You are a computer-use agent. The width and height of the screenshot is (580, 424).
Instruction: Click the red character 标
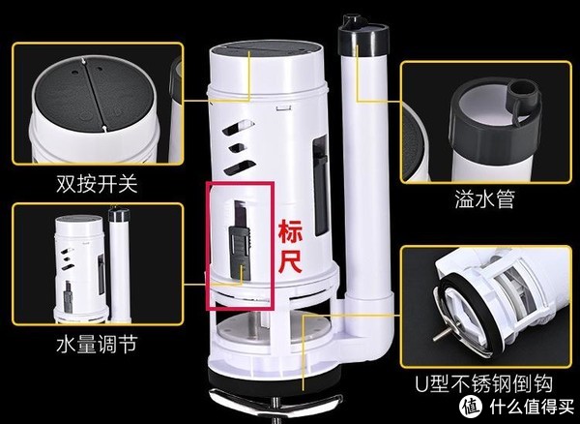pos(293,233)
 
